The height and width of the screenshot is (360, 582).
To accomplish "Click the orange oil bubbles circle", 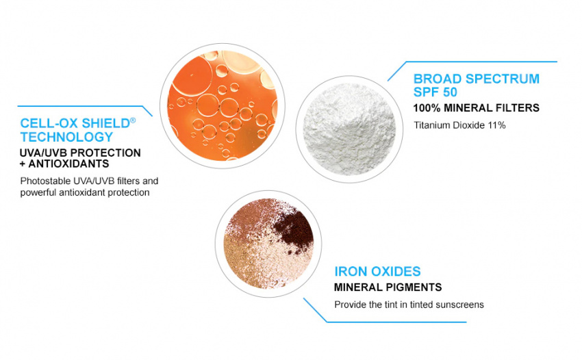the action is coord(223,106).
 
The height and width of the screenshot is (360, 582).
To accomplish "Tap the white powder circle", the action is coord(349,129).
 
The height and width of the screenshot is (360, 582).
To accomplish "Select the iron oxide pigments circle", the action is coord(268,244).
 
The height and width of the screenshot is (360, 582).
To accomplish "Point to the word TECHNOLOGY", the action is coord(66,137).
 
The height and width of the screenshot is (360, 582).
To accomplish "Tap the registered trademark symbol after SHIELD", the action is coord(133,120).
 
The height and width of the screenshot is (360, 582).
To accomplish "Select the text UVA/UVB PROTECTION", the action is coord(80,153).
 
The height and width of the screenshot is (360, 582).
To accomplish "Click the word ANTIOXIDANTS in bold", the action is coord(68,164).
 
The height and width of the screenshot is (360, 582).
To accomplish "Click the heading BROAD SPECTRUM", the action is coord(477,79).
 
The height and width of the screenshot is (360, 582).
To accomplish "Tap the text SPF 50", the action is coord(435,92).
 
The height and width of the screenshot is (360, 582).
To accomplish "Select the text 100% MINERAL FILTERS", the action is coord(477,108).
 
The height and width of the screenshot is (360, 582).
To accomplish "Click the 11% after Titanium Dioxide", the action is coord(497,125).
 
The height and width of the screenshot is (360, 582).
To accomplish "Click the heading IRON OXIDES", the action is coord(377,271).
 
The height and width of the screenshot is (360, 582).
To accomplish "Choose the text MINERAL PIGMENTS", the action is coord(388,287).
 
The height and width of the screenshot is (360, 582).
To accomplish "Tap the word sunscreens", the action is coord(459,305).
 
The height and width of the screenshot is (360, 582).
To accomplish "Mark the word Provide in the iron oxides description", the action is coord(348,305).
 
